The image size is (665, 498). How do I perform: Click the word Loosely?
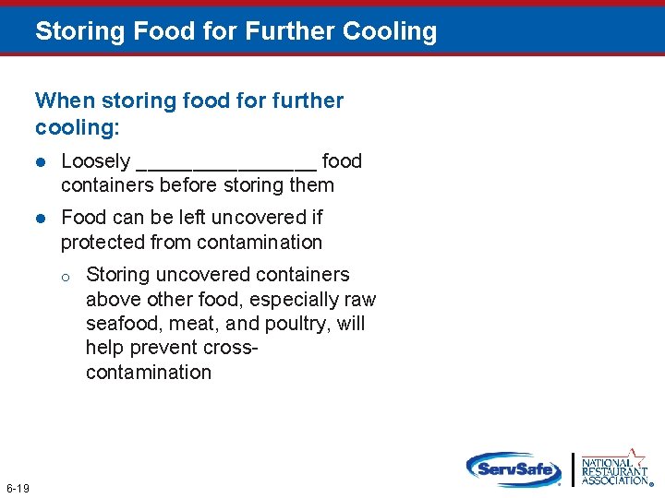pos(95,161)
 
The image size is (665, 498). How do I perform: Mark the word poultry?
pos(299,324)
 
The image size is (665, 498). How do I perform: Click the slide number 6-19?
pos(18,487)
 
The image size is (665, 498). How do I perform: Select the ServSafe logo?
pos(514,468)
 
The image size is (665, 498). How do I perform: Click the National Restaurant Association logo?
pos(613,468)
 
